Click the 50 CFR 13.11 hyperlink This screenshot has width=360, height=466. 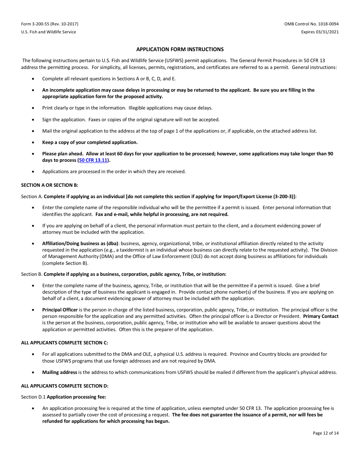pos(93,160)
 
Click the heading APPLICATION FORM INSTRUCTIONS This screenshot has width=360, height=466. pos(180,49)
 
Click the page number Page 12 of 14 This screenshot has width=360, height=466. pos(326,433)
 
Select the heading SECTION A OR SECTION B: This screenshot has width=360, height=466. pos(49,185)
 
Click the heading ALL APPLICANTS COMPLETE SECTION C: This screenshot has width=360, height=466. pos(64,342)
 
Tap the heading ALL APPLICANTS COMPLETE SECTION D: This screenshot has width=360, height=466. pos(64,386)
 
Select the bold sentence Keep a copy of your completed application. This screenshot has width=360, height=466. pos(90,142)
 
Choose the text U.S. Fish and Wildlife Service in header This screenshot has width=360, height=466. pos(49,32)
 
